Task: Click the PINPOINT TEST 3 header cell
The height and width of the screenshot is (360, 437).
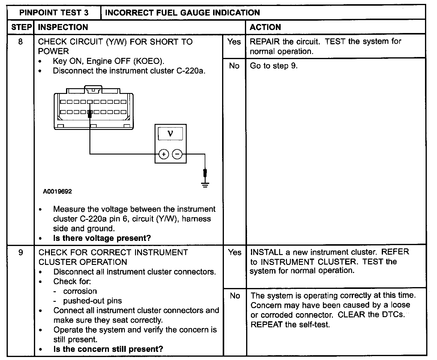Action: click(x=54, y=13)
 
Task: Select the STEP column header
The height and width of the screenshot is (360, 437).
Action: click(x=21, y=27)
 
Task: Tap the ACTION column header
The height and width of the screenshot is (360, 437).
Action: click(x=265, y=27)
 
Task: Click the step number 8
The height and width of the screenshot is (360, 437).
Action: click(x=20, y=41)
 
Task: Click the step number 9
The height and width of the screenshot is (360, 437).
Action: click(x=20, y=252)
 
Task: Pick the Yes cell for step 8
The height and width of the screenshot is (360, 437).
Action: click(x=234, y=42)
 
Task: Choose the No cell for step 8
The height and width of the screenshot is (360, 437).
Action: click(x=234, y=66)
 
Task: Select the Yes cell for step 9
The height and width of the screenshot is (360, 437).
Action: click(x=234, y=253)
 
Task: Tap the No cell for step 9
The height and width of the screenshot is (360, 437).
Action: click(x=235, y=296)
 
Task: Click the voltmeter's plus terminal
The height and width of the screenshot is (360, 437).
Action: click(x=164, y=154)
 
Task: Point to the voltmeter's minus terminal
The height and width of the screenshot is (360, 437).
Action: click(x=177, y=154)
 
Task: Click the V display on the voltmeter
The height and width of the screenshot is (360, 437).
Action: click(x=170, y=133)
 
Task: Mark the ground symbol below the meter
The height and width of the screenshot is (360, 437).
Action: click(x=205, y=184)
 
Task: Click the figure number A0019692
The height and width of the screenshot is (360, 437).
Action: click(x=57, y=191)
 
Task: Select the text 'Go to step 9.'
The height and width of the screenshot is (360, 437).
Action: click(x=274, y=66)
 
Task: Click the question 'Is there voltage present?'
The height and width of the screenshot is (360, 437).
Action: click(x=102, y=238)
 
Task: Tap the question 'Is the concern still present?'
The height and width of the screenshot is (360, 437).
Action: click(x=108, y=349)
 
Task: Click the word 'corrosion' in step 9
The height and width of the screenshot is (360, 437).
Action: click(x=80, y=291)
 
